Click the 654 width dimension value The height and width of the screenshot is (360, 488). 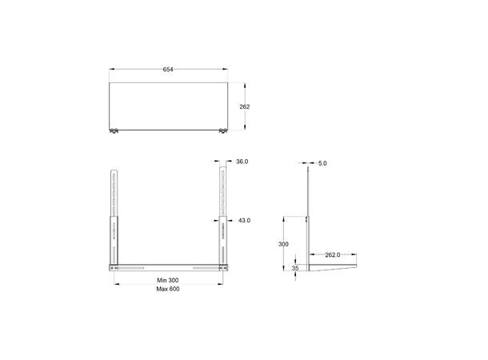(x=168, y=70)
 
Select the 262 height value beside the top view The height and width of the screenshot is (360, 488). (x=245, y=106)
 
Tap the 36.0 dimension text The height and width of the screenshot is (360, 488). (x=242, y=162)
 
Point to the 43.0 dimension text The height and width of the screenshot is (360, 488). (x=244, y=220)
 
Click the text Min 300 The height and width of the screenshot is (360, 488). (x=168, y=281)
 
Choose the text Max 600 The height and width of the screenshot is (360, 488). (x=168, y=290)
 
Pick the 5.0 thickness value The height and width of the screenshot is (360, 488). (x=322, y=163)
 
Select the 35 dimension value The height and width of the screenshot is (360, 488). (x=295, y=269)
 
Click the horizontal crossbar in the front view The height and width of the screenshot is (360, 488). (x=168, y=266)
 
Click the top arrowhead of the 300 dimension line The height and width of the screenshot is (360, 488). (x=286, y=218)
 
